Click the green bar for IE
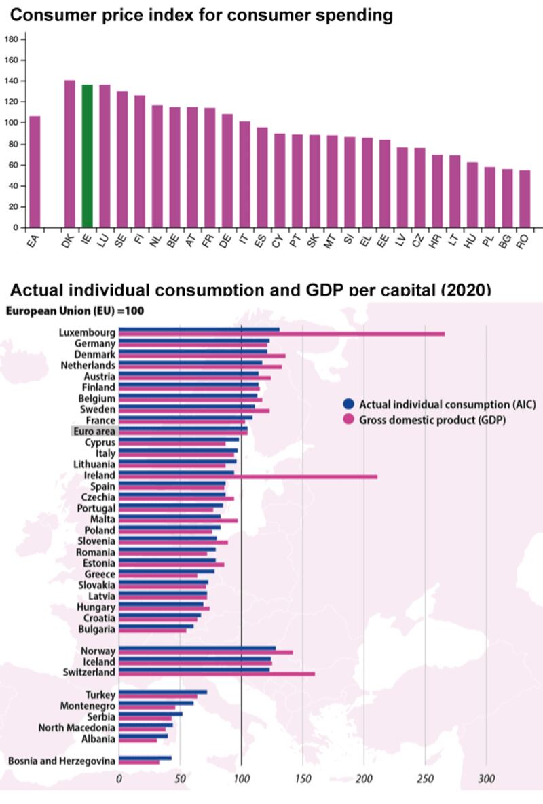tap(87, 156)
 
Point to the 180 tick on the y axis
tap(11, 39)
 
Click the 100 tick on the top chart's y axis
tap(11, 123)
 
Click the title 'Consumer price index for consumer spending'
tap(201, 15)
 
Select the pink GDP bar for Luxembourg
tap(282, 334)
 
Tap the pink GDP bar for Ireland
tap(248, 476)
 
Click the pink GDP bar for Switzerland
tap(217, 674)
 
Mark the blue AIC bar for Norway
tap(197, 649)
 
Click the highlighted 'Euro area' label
tap(94, 432)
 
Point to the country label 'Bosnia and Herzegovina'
tap(62, 761)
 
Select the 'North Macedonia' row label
tap(77, 728)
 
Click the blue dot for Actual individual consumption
tap(349, 404)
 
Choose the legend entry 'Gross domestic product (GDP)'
tap(432, 420)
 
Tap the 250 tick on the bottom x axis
tap(425, 779)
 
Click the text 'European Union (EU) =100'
tap(75, 311)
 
